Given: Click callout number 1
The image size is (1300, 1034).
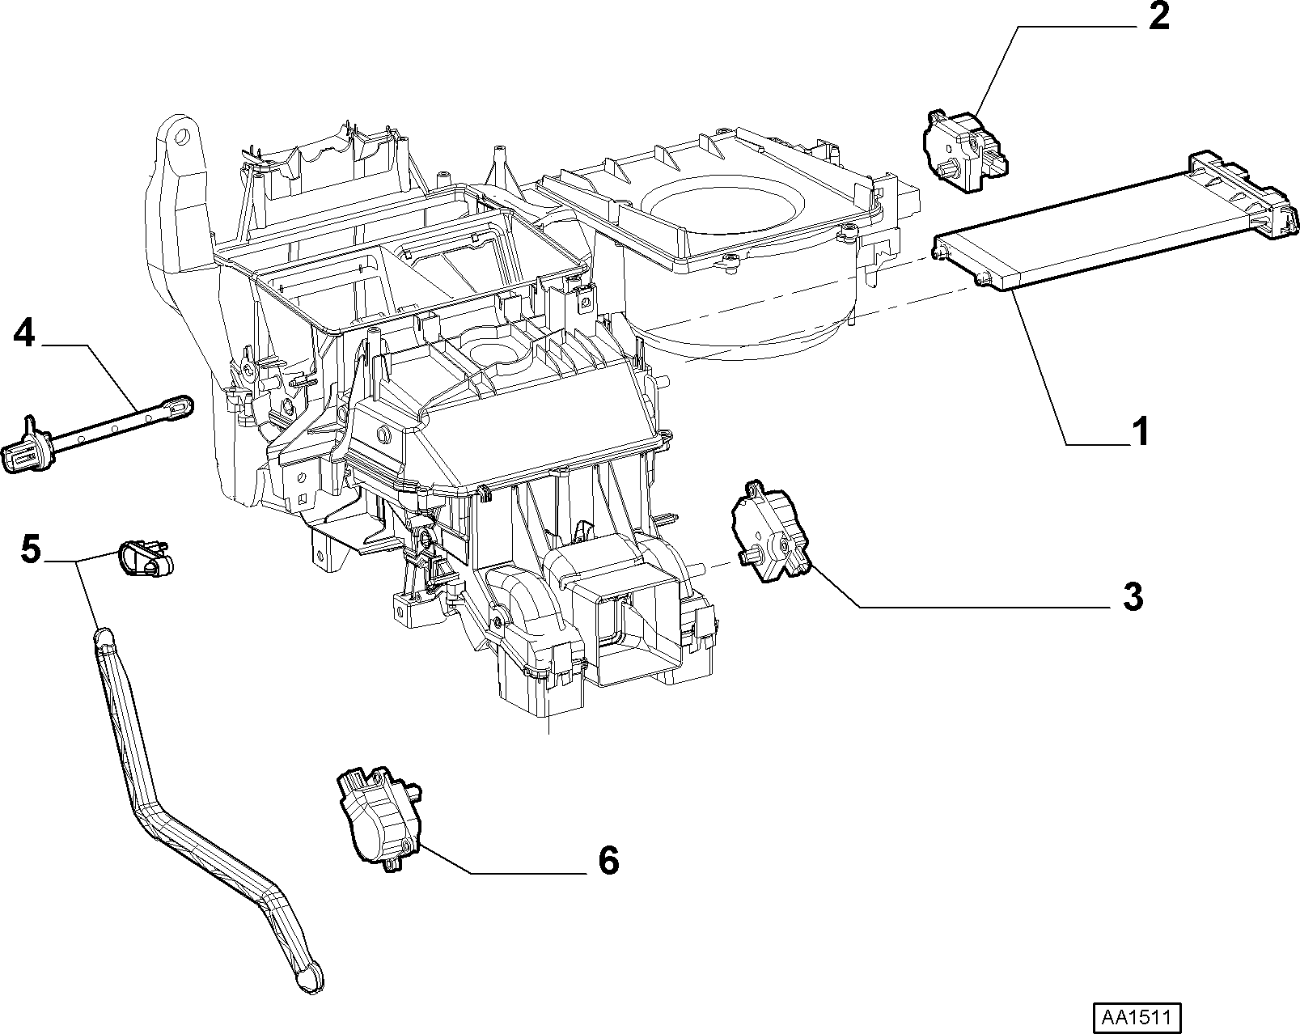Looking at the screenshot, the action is click(x=1140, y=432).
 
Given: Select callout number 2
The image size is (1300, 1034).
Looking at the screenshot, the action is click(x=1158, y=16).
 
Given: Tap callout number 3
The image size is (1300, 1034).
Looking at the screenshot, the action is click(x=1133, y=596).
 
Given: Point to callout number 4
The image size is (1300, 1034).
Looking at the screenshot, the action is click(x=24, y=333).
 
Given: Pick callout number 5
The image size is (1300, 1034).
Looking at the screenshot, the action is click(x=30, y=549).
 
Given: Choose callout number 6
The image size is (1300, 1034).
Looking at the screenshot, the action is click(x=609, y=860).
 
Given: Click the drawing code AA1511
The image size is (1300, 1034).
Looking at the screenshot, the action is click(x=1137, y=1017).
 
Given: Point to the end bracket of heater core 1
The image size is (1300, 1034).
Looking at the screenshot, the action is click(x=1244, y=193).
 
